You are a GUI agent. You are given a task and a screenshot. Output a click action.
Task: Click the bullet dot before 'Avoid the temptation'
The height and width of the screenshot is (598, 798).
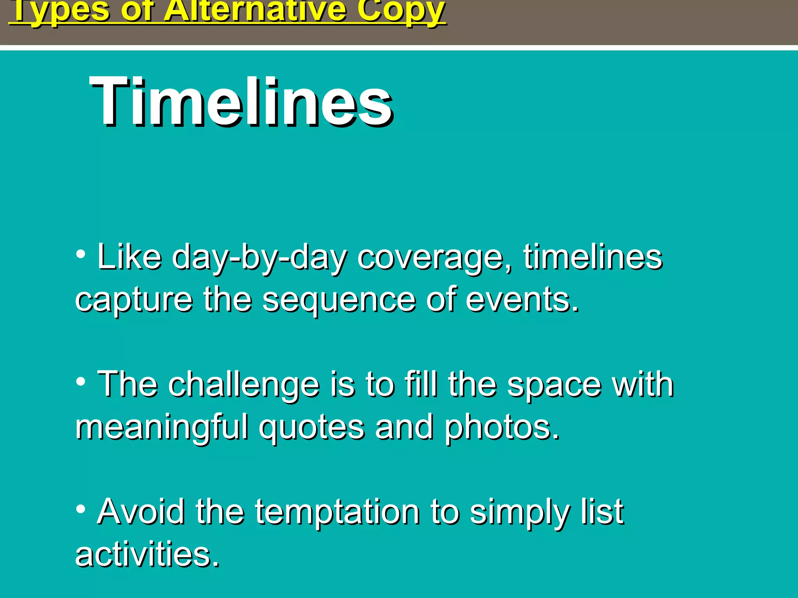(81, 508)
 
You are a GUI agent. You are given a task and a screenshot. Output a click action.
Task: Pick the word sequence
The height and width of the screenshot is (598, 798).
(339, 301)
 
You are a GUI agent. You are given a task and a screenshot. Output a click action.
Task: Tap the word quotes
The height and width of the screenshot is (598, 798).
(312, 428)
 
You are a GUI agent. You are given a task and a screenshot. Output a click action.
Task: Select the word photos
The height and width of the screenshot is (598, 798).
(502, 428)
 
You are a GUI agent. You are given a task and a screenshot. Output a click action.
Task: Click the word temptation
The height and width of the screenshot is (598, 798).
(337, 512)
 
